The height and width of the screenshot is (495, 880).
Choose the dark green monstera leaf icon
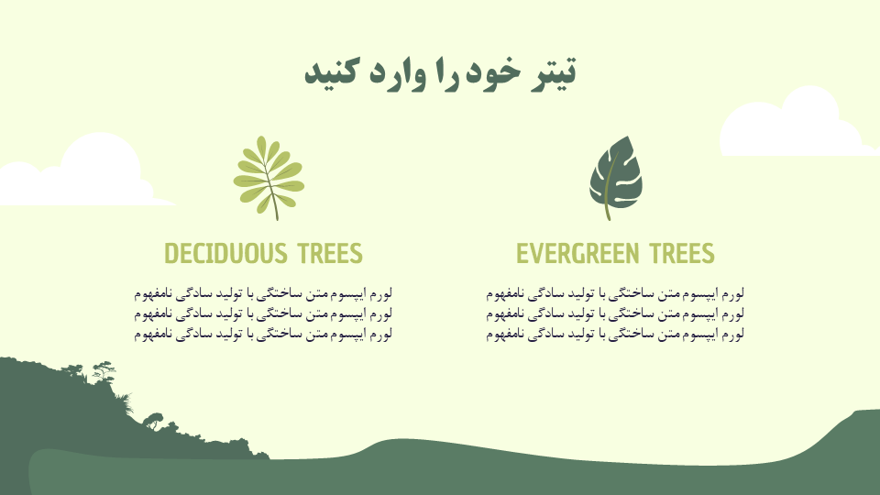(x=616, y=177)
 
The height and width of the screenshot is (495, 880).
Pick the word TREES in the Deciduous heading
(x=330, y=254)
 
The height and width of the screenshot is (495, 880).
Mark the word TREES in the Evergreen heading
(x=682, y=254)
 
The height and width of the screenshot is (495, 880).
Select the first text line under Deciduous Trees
(x=263, y=293)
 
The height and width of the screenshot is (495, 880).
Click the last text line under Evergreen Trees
(x=615, y=335)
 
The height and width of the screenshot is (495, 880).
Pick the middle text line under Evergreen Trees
(x=615, y=313)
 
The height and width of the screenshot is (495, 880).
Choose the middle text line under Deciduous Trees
(x=263, y=313)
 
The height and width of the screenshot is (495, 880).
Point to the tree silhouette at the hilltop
(x=104, y=371)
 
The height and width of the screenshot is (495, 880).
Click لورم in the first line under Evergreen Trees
(x=731, y=293)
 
